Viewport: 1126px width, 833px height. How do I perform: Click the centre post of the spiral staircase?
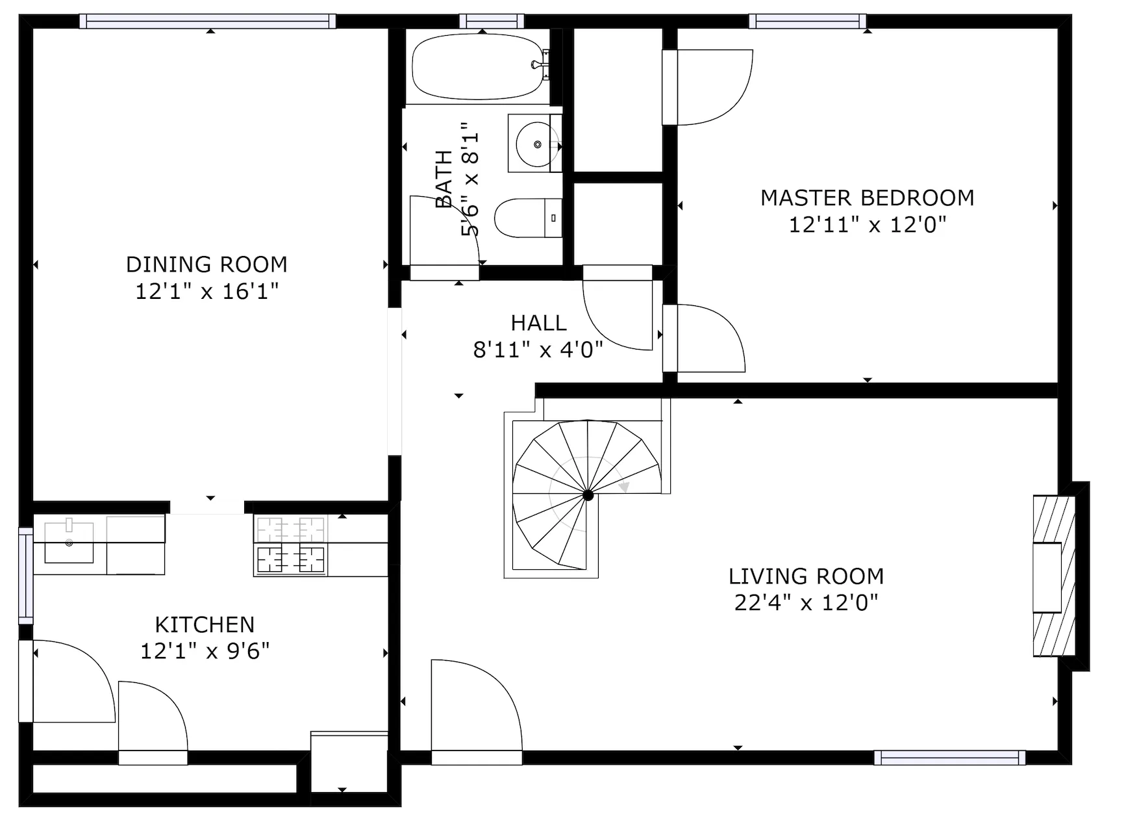(x=588, y=495)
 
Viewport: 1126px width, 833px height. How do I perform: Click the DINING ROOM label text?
(x=206, y=264)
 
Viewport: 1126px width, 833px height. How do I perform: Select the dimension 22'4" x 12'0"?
(x=806, y=603)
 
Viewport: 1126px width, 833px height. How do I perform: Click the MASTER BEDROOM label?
(x=867, y=198)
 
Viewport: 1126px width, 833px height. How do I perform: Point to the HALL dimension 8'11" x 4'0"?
(x=538, y=350)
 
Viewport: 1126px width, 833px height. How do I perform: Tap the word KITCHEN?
(x=205, y=624)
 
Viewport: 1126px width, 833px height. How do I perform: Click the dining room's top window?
(x=208, y=21)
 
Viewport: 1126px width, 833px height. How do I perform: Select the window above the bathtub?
(x=492, y=21)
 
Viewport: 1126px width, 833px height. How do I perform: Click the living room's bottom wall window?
(x=949, y=758)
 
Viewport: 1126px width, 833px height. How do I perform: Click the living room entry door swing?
(x=477, y=708)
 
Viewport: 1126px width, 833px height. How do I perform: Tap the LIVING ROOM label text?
(x=806, y=576)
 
